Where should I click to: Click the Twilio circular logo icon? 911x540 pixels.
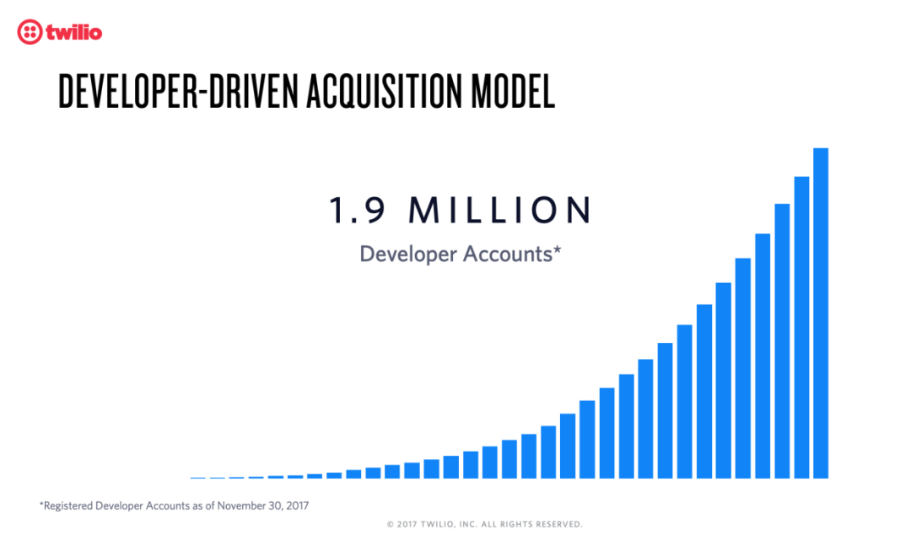pyautogui.click(x=30, y=32)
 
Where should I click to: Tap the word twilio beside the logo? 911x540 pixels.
pyautogui.click(x=74, y=32)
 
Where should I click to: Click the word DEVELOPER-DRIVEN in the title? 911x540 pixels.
pyautogui.click(x=178, y=92)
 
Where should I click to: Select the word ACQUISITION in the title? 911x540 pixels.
pyautogui.click(x=385, y=92)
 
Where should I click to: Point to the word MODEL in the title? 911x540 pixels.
pyautogui.click(x=513, y=92)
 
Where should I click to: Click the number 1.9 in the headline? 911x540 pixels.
pyautogui.click(x=358, y=210)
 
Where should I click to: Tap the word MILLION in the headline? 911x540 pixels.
pyautogui.click(x=500, y=210)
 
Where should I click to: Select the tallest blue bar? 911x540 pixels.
pyautogui.click(x=821, y=313)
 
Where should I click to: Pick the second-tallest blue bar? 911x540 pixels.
pyautogui.click(x=802, y=328)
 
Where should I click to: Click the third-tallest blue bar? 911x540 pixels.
pyautogui.click(x=782, y=341)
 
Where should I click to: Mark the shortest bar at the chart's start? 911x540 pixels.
pyautogui.click(x=198, y=478)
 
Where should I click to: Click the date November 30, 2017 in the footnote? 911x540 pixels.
pyautogui.click(x=262, y=505)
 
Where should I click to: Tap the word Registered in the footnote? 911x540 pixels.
pyautogui.click(x=68, y=505)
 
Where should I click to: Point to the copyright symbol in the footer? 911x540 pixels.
pyautogui.click(x=391, y=524)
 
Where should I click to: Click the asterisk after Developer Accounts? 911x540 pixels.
pyautogui.click(x=558, y=249)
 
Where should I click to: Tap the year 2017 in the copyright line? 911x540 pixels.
pyautogui.click(x=407, y=524)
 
